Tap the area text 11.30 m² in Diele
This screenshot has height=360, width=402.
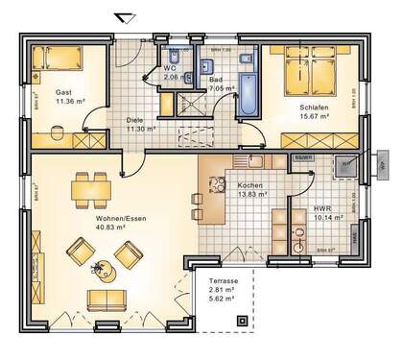click(140, 128)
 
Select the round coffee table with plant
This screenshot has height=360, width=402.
click(101, 266)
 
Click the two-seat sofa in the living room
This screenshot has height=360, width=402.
click(111, 300)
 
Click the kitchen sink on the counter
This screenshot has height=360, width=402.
click(255, 160)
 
